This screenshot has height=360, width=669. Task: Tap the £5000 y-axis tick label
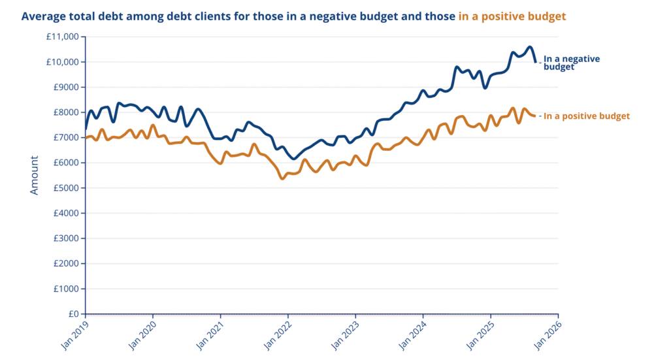coord(65,188)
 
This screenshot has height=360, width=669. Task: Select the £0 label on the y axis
coord(73,314)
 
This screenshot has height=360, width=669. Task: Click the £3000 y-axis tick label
coord(65,238)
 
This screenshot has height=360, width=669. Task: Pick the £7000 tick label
coord(65,138)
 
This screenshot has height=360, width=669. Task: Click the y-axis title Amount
coord(35,174)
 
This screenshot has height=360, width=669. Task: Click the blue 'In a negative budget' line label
coord(571,63)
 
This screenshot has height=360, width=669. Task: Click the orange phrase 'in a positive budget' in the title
coord(512,16)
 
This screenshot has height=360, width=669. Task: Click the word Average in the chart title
coord(44,16)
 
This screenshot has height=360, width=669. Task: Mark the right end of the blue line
coord(536,62)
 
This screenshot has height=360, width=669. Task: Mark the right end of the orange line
coord(535,116)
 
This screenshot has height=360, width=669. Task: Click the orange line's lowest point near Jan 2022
coord(282,178)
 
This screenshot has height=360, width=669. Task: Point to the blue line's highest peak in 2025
coord(530,47)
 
